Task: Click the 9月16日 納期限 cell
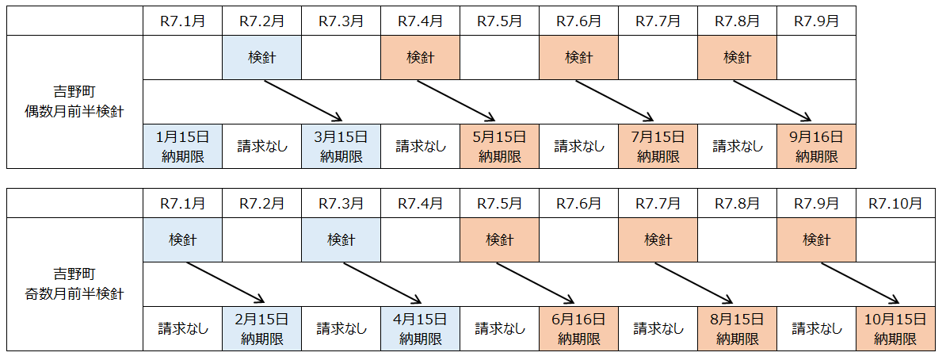click(x=816, y=147)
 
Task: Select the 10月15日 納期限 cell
click(x=895, y=329)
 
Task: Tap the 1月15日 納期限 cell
click(x=182, y=147)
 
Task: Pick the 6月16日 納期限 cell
click(x=578, y=329)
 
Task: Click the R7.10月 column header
click(x=895, y=203)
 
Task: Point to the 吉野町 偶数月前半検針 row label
click(x=74, y=101)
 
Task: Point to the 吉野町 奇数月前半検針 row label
click(x=74, y=284)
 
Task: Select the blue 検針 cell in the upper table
click(x=261, y=57)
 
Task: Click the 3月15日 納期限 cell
click(x=341, y=147)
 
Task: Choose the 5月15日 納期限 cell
click(x=499, y=147)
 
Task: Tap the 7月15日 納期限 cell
click(x=658, y=147)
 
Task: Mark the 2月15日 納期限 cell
click(x=261, y=329)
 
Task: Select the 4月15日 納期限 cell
click(x=420, y=329)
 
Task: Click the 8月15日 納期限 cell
click(x=737, y=329)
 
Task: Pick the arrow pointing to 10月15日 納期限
click(x=860, y=283)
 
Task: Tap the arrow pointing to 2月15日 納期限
click(x=223, y=283)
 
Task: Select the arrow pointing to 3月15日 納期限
click(x=303, y=101)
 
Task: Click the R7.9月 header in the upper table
click(x=816, y=21)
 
